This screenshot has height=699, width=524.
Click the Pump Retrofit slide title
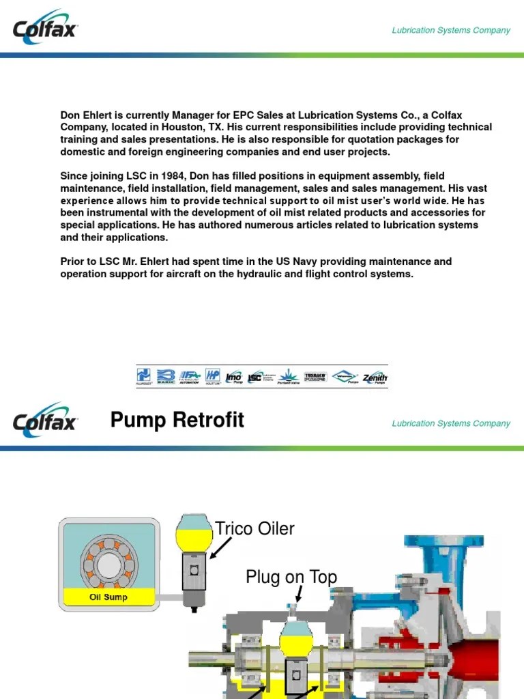(177, 420)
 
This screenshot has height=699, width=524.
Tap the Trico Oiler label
(255, 528)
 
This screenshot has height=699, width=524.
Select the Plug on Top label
(291, 577)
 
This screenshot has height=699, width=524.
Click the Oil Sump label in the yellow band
(108, 597)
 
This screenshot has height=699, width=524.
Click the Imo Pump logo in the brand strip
(234, 376)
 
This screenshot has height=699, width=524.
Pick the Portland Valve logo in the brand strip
(289, 376)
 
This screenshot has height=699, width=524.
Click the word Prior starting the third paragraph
(73, 261)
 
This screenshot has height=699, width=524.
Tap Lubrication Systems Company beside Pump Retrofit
(451, 423)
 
